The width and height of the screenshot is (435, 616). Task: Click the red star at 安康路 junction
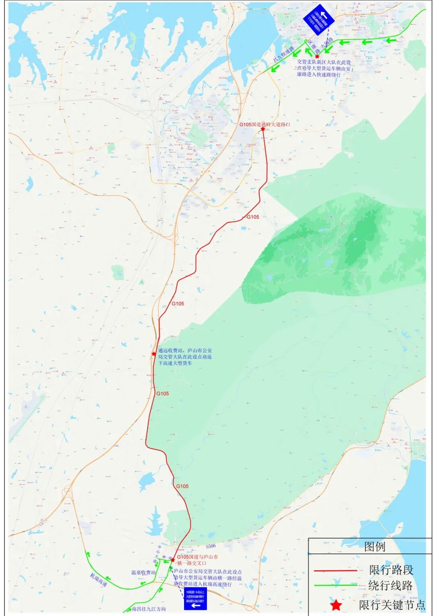[x=317, y=56]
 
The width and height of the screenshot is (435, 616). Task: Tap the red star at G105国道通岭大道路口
[x=263, y=129]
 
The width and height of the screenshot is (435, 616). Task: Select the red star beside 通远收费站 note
[x=154, y=354]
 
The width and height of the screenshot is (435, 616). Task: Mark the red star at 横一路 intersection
[x=173, y=560]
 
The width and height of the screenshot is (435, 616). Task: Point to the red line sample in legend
[x=335, y=570]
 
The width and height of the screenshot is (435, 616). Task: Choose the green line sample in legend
[x=335, y=585]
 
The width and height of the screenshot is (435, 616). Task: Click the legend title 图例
[x=375, y=547]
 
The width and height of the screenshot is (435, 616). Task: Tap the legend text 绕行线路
[x=390, y=585]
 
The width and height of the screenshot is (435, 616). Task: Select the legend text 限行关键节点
[x=392, y=605]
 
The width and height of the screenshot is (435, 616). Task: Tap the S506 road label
[x=211, y=546]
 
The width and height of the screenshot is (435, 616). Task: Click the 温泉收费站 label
[x=143, y=572]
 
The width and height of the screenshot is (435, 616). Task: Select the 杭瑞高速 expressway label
[x=99, y=580]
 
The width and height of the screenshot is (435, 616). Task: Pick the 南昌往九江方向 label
[x=149, y=609]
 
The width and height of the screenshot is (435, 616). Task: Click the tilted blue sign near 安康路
[x=319, y=19]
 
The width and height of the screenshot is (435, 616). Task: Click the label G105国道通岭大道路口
[x=265, y=125]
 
